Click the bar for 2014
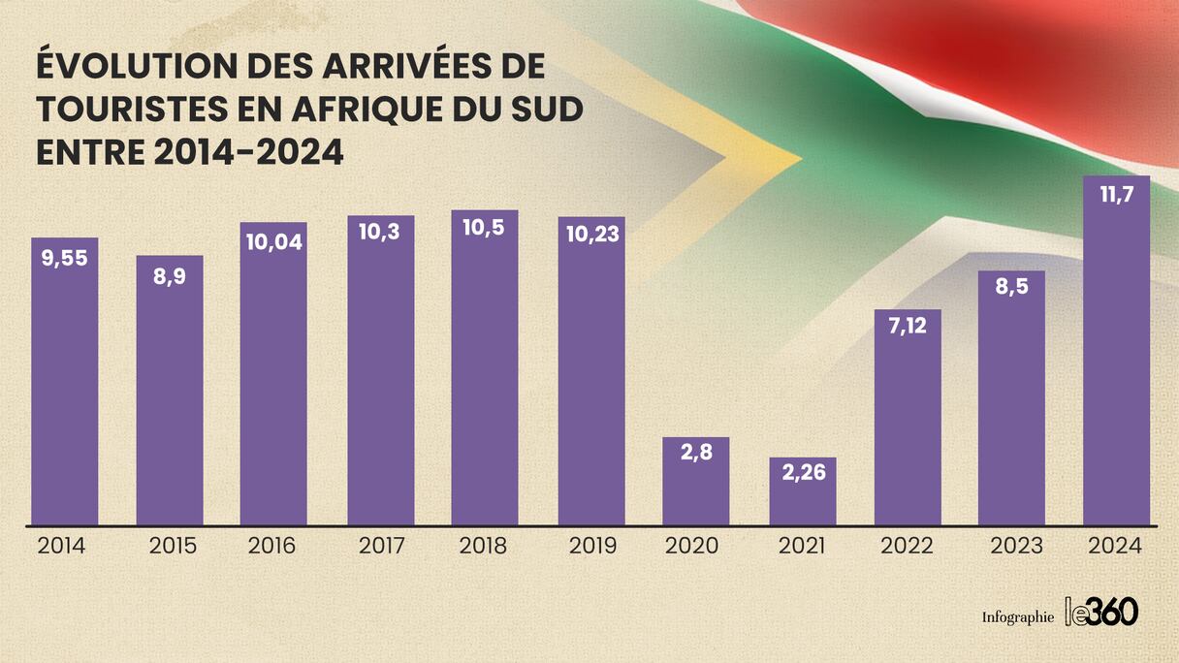click(x=65, y=388)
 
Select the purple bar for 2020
click(x=696, y=485)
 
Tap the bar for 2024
click(x=1116, y=359)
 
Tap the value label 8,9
click(x=170, y=275)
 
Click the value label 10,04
click(x=273, y=241)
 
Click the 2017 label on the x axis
click(x=382, y=546)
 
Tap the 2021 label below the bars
click(x=802, y=546)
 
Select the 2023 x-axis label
click(x=1015, y=546)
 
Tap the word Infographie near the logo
click(x=1017, y=617)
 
